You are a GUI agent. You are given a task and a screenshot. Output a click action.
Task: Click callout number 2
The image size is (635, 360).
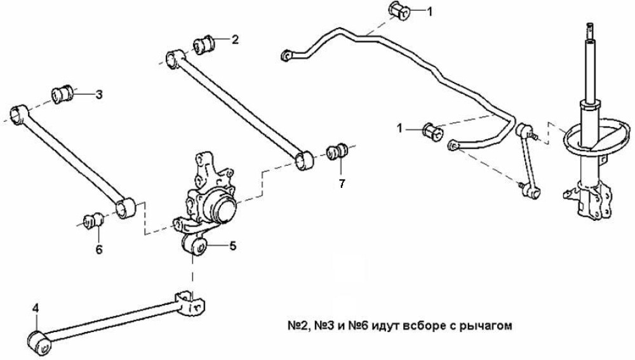[x=235, y=39]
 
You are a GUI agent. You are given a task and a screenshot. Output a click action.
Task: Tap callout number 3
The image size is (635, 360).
[x=99, y=95]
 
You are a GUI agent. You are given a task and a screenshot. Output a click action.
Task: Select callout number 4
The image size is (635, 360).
[x=36, y=309]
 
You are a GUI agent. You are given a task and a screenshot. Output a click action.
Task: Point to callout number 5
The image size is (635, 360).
[x=232, y=246]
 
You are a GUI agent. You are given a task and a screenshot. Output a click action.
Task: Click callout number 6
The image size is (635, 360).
[x=99, y=250]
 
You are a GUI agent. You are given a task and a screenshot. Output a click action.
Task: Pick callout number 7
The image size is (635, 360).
[x=342, y=183]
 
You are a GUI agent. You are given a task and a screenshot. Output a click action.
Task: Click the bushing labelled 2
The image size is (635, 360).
[x=204, y=44]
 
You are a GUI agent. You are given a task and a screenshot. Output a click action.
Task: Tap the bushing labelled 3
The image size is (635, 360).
[x=62, y=95]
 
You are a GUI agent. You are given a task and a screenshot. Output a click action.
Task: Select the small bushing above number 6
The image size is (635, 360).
[x=93, y=220]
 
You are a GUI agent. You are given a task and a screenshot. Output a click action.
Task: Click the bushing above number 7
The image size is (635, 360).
[x=337, y=151]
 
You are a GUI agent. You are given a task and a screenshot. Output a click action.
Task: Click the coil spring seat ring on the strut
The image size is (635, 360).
[x=596, y=137]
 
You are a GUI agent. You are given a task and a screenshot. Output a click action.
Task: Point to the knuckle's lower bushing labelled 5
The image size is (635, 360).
[x=194, y=246]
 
